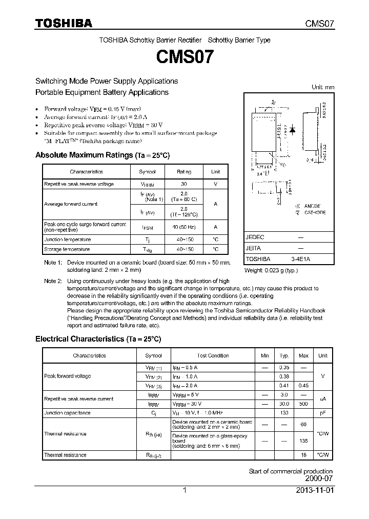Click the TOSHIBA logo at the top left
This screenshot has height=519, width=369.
[64, 23]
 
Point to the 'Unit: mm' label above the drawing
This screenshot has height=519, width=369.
[323, 87]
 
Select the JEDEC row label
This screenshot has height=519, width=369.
[255, 237]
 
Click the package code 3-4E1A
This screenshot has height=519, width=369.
[301, 259]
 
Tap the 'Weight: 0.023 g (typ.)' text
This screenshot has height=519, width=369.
[271, 270]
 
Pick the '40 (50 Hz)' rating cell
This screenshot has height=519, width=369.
[184, 227]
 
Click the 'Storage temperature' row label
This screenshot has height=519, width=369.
[67, 249]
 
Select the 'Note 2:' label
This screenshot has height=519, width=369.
[53, 281]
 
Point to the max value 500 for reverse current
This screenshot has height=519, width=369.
[303, 404]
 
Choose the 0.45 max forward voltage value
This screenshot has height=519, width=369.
[303, 386]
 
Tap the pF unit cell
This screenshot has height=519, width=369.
[323, 413]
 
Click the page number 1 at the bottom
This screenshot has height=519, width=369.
[184, 490]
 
